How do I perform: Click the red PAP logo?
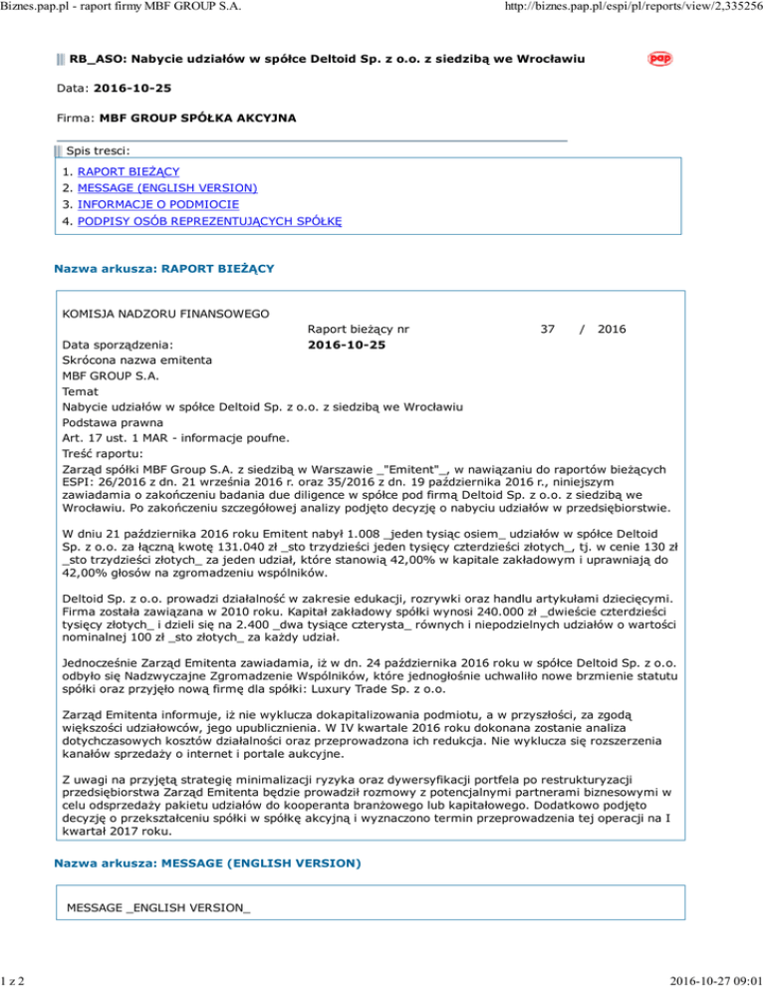tap(657, 59)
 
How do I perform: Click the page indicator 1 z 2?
tap(15, 979)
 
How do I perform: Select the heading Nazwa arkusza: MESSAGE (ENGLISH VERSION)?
tap(206, 861)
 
